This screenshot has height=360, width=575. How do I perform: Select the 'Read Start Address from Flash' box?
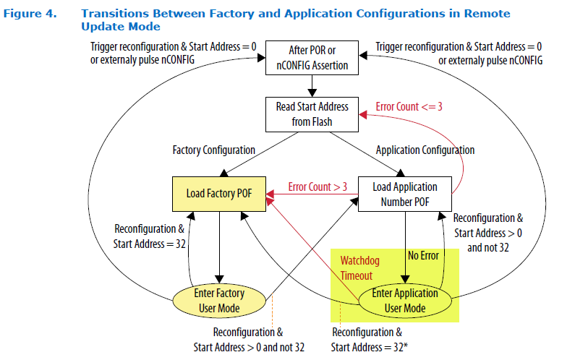(x=312, y=114)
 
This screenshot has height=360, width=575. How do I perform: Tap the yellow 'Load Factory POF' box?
(x=219, y=193)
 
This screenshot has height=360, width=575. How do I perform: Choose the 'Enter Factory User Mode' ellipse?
(x=218, y=299)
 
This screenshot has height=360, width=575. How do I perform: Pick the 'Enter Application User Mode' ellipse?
(x=404, y=299)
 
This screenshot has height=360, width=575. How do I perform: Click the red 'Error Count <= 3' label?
(x=409, y=107)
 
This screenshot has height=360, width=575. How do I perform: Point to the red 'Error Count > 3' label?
(x=318, y=187)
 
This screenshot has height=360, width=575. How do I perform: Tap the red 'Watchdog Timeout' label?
(x=357, y=268)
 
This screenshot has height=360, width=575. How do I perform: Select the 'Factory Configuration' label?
(x=213, y=150)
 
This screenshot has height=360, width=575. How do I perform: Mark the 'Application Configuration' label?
(x=425, y=150)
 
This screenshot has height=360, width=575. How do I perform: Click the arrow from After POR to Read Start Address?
(x=311, y=85)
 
